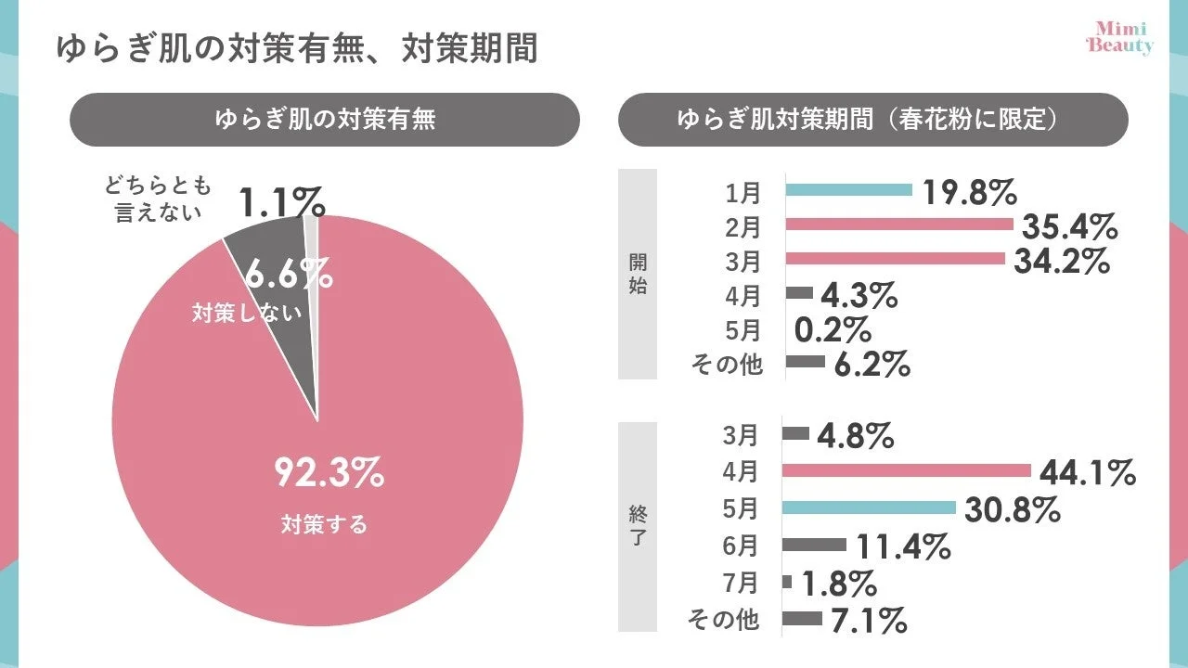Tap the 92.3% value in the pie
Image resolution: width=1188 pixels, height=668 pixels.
(x=329, y=473)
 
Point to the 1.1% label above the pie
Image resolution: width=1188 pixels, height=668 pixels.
(x=281, y=201)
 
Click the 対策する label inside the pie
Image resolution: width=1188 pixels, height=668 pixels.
(x=324, y=524)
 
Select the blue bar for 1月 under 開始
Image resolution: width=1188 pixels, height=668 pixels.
(x=849, y=190)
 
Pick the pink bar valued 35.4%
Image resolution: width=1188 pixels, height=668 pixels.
(x=898, y=225)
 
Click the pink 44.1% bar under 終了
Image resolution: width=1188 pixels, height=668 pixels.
(x=906, y=470)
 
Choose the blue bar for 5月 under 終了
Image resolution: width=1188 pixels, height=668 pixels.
(x=869, y=507)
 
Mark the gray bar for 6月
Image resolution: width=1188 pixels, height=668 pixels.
(x=814, y=545)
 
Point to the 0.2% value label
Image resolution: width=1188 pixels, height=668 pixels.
(x=833, y=329)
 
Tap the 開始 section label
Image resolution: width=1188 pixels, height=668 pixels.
(x=638, y=275)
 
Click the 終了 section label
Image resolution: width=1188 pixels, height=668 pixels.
(x=638, y=526)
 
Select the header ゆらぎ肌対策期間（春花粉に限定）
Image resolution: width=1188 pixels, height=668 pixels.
(x=872, y=120)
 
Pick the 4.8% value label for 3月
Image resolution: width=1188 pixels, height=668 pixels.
(x=855, y=434)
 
